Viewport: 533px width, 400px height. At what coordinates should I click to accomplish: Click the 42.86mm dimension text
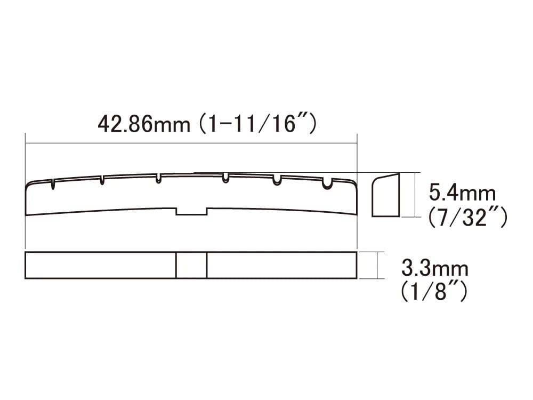click(x=143, y=124)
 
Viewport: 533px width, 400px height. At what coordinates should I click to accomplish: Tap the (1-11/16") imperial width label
click(x=257, y=124)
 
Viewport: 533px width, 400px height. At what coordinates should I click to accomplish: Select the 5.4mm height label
click(x=462, y=192)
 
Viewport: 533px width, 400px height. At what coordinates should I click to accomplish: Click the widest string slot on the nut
click(x=328, y=183)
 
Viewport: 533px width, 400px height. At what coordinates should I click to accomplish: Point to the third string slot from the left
click(x=158, y=178)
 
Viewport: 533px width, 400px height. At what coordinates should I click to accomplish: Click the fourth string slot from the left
click(x=225, y=178)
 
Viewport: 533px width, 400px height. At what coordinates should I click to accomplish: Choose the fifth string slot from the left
click(x=277, y=180)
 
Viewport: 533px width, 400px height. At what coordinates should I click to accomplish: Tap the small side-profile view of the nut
click(x=385, y=195)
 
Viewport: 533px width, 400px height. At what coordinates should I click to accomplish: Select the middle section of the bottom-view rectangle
click(x=191, y=265)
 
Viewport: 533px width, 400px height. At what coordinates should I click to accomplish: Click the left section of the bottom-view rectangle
click(x=101, y=265)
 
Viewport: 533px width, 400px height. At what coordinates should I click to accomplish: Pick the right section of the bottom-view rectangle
click(x=281, y=265)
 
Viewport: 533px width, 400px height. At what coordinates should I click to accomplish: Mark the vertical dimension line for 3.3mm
click(x=377, y=265)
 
